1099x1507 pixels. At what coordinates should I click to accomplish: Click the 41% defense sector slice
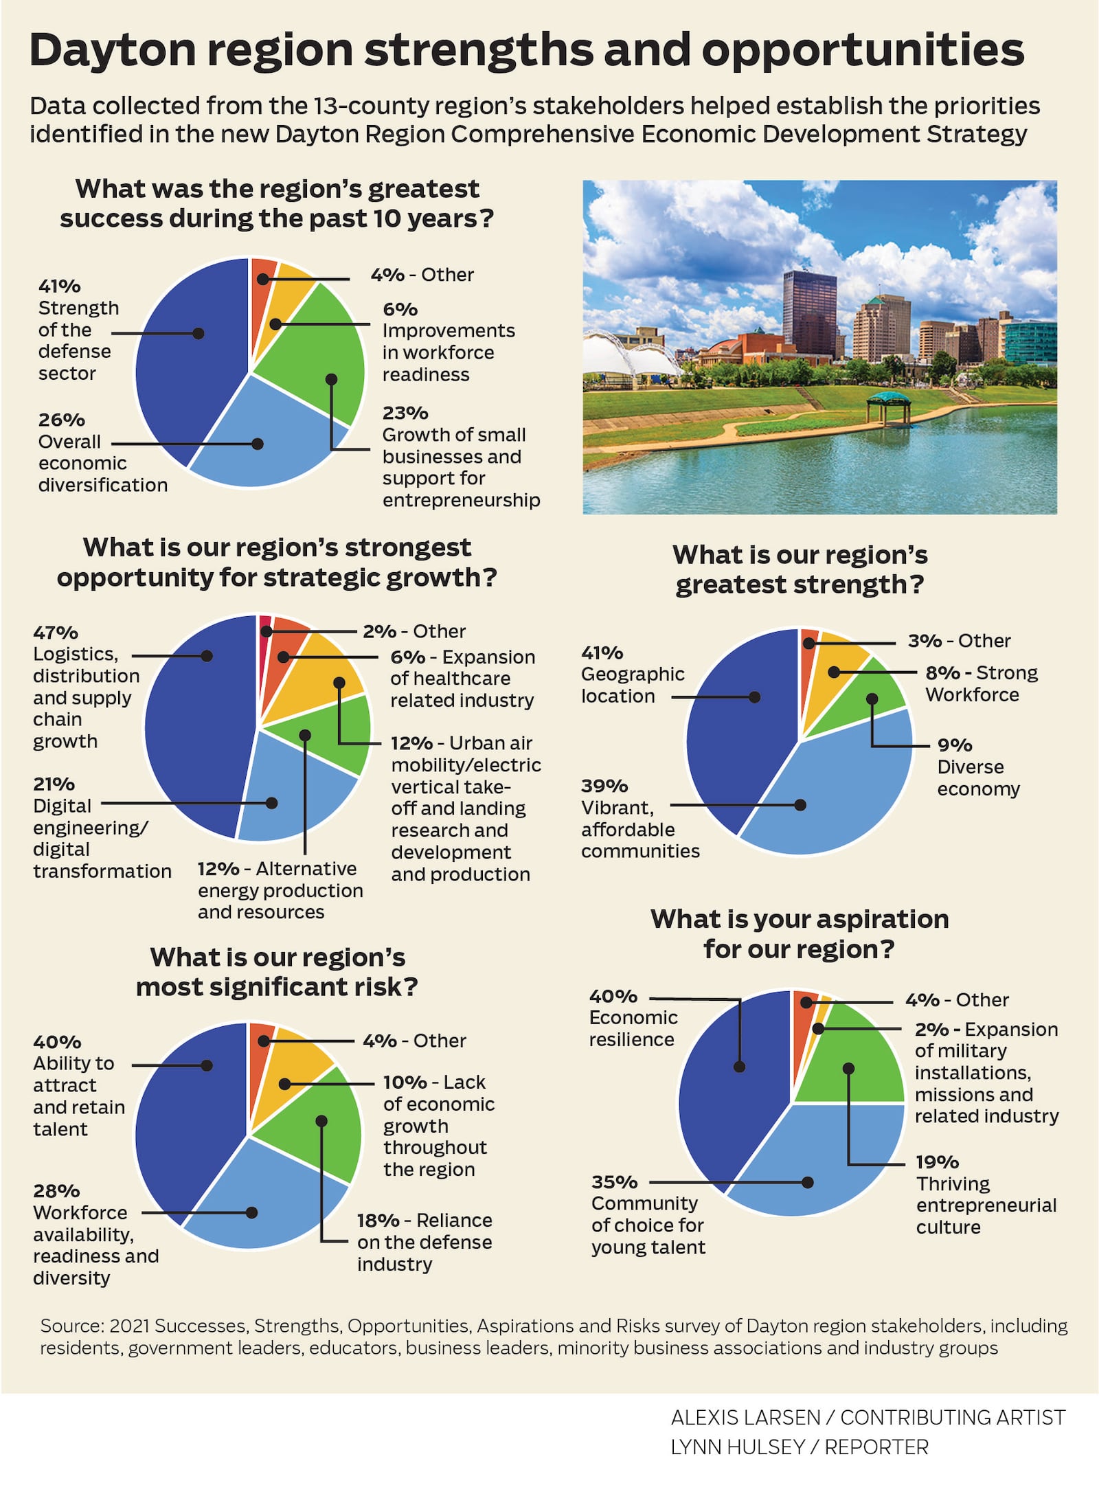coord(185,357)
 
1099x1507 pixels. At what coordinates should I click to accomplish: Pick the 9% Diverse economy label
coord(978,767)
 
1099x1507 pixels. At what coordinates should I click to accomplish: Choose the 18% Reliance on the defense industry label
coord(424,1242)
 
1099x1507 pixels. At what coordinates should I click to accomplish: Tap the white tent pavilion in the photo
coord(642,357)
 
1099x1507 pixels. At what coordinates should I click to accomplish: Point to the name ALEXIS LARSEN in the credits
coord(745,1417)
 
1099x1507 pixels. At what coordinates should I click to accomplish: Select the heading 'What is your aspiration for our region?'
coord(800,934)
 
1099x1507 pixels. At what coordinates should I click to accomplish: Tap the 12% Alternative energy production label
coord(280,890)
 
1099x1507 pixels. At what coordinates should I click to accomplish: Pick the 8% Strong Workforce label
coord(981,683)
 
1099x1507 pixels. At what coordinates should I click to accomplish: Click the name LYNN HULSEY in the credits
coord(737,1447)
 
